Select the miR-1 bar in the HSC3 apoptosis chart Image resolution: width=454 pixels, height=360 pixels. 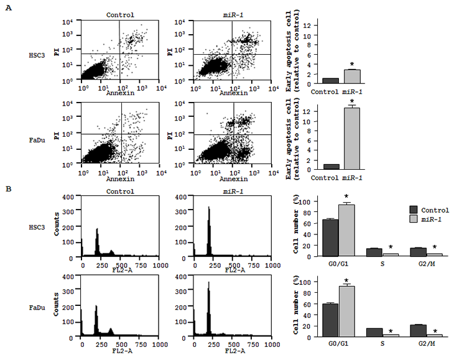[352, 76]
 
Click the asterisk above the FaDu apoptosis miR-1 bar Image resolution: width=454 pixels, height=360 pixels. [352, 101]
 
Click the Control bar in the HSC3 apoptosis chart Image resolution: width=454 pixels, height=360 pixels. [330, 80]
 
